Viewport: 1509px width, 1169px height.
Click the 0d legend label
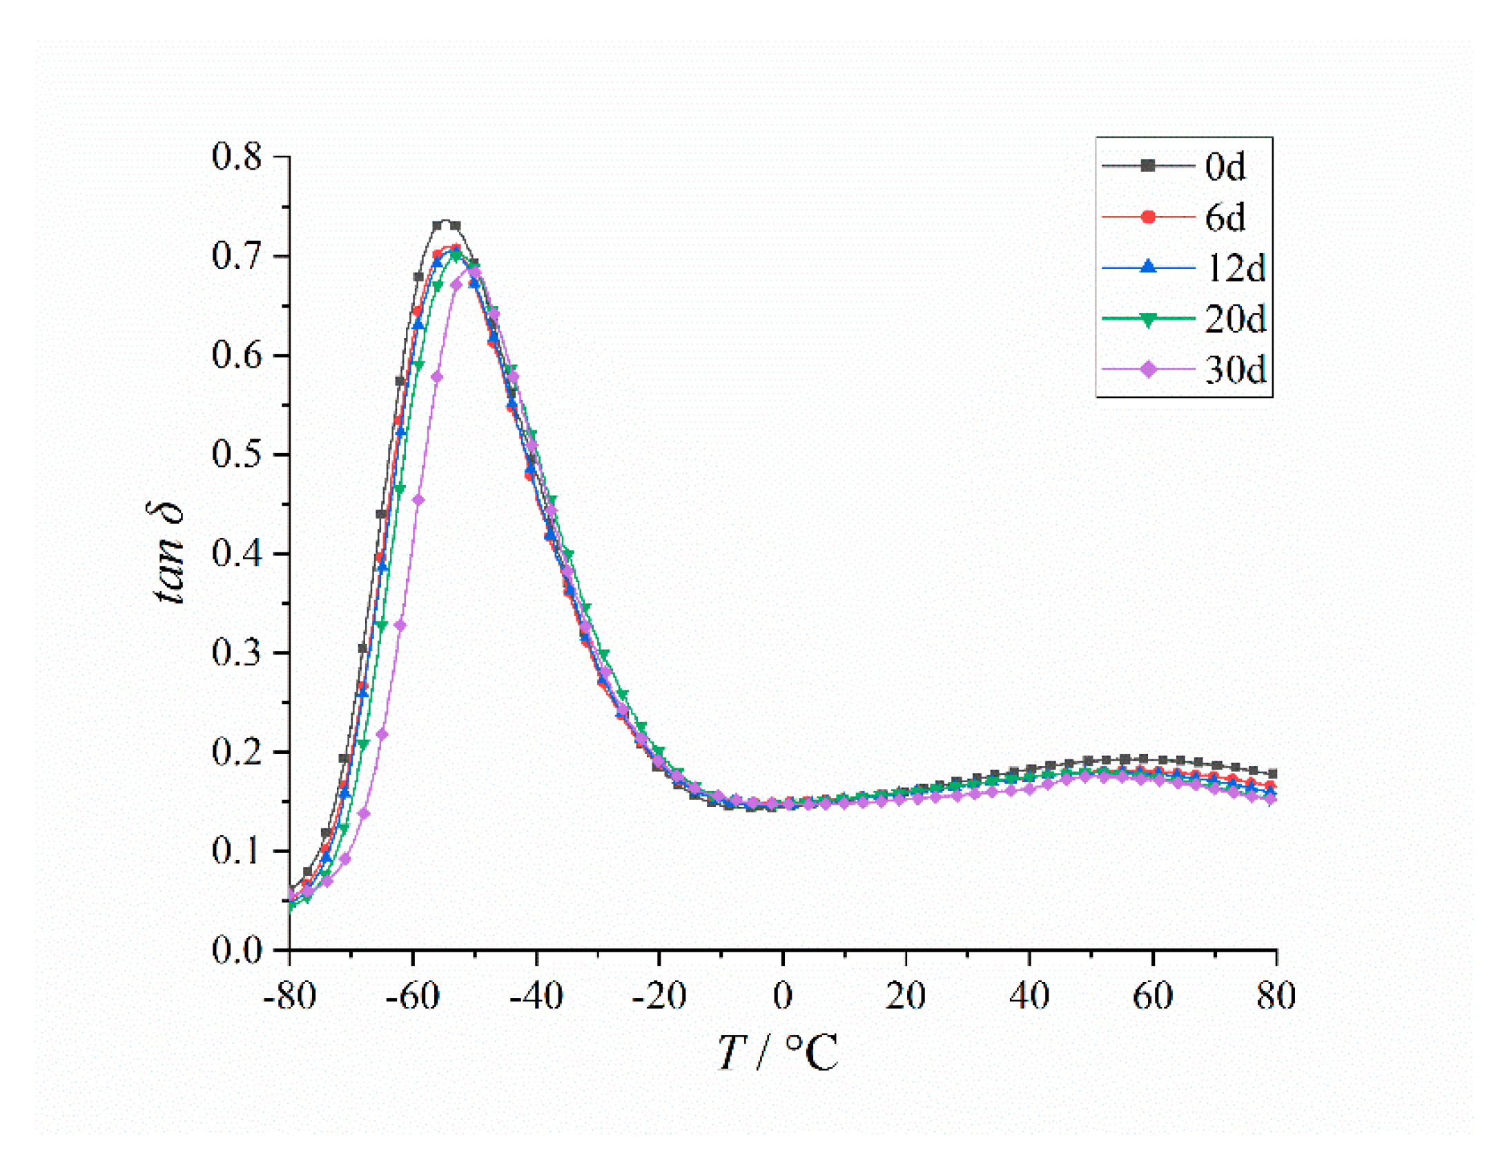tap(1225, 166)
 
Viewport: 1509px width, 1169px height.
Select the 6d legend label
tap(1225, 217)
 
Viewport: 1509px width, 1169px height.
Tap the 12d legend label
tap(1236, 268)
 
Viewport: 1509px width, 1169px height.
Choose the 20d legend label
tap(1236, 319)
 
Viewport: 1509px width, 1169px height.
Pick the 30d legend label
tap(1236, 370)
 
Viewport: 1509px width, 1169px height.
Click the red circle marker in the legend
tap(1149, 217)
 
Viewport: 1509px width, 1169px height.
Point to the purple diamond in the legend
tap(1149, 370)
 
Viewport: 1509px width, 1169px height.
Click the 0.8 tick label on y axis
tap(237, 157)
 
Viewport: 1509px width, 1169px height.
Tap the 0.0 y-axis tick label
tap(237, 951)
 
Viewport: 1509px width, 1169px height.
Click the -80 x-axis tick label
tap(289, 997)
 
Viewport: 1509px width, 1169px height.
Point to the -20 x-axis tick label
tap(659, 997)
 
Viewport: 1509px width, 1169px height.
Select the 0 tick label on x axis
tap(783, 997)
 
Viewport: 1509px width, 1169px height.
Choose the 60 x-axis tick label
tap(1153, 997)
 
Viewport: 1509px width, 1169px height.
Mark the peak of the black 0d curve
tap(446, 222)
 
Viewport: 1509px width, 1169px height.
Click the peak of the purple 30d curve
tap(473, 270)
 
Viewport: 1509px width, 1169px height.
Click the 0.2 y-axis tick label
tap(237, 752)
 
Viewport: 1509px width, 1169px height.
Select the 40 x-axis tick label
tap(1029, 997)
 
